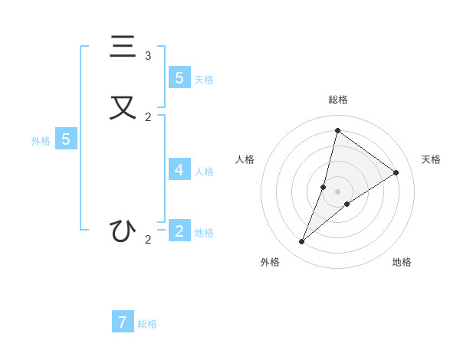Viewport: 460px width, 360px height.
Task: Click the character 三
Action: [122, 47]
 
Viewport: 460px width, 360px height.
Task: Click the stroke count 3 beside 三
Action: [148, 56]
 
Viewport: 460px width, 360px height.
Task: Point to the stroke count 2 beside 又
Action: [148, 117]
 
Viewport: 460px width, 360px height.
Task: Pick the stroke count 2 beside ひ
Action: [148, 240]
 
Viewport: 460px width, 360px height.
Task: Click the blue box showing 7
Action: [123, 322]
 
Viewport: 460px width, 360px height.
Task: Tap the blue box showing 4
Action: [179, 169]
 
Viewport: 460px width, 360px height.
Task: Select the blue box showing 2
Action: [179, 231]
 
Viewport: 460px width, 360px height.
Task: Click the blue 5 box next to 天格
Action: [179, 77]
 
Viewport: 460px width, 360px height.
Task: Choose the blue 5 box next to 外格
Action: [66, 139]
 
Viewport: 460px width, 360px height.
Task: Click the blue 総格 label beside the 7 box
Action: [147, 324]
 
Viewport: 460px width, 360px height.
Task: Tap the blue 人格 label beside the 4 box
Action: [204, 172]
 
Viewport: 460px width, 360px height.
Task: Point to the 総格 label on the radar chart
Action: [338, 100]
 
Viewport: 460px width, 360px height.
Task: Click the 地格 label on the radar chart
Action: [402, 262]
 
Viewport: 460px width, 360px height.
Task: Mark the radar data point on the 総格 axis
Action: [337, 130]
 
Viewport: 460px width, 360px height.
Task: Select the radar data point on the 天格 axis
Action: [396, 172]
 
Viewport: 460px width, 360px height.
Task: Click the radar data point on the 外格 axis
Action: [302, 242]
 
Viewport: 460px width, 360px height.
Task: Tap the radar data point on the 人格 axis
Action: [324, 187]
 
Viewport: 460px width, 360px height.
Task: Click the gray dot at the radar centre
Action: [337, 191]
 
